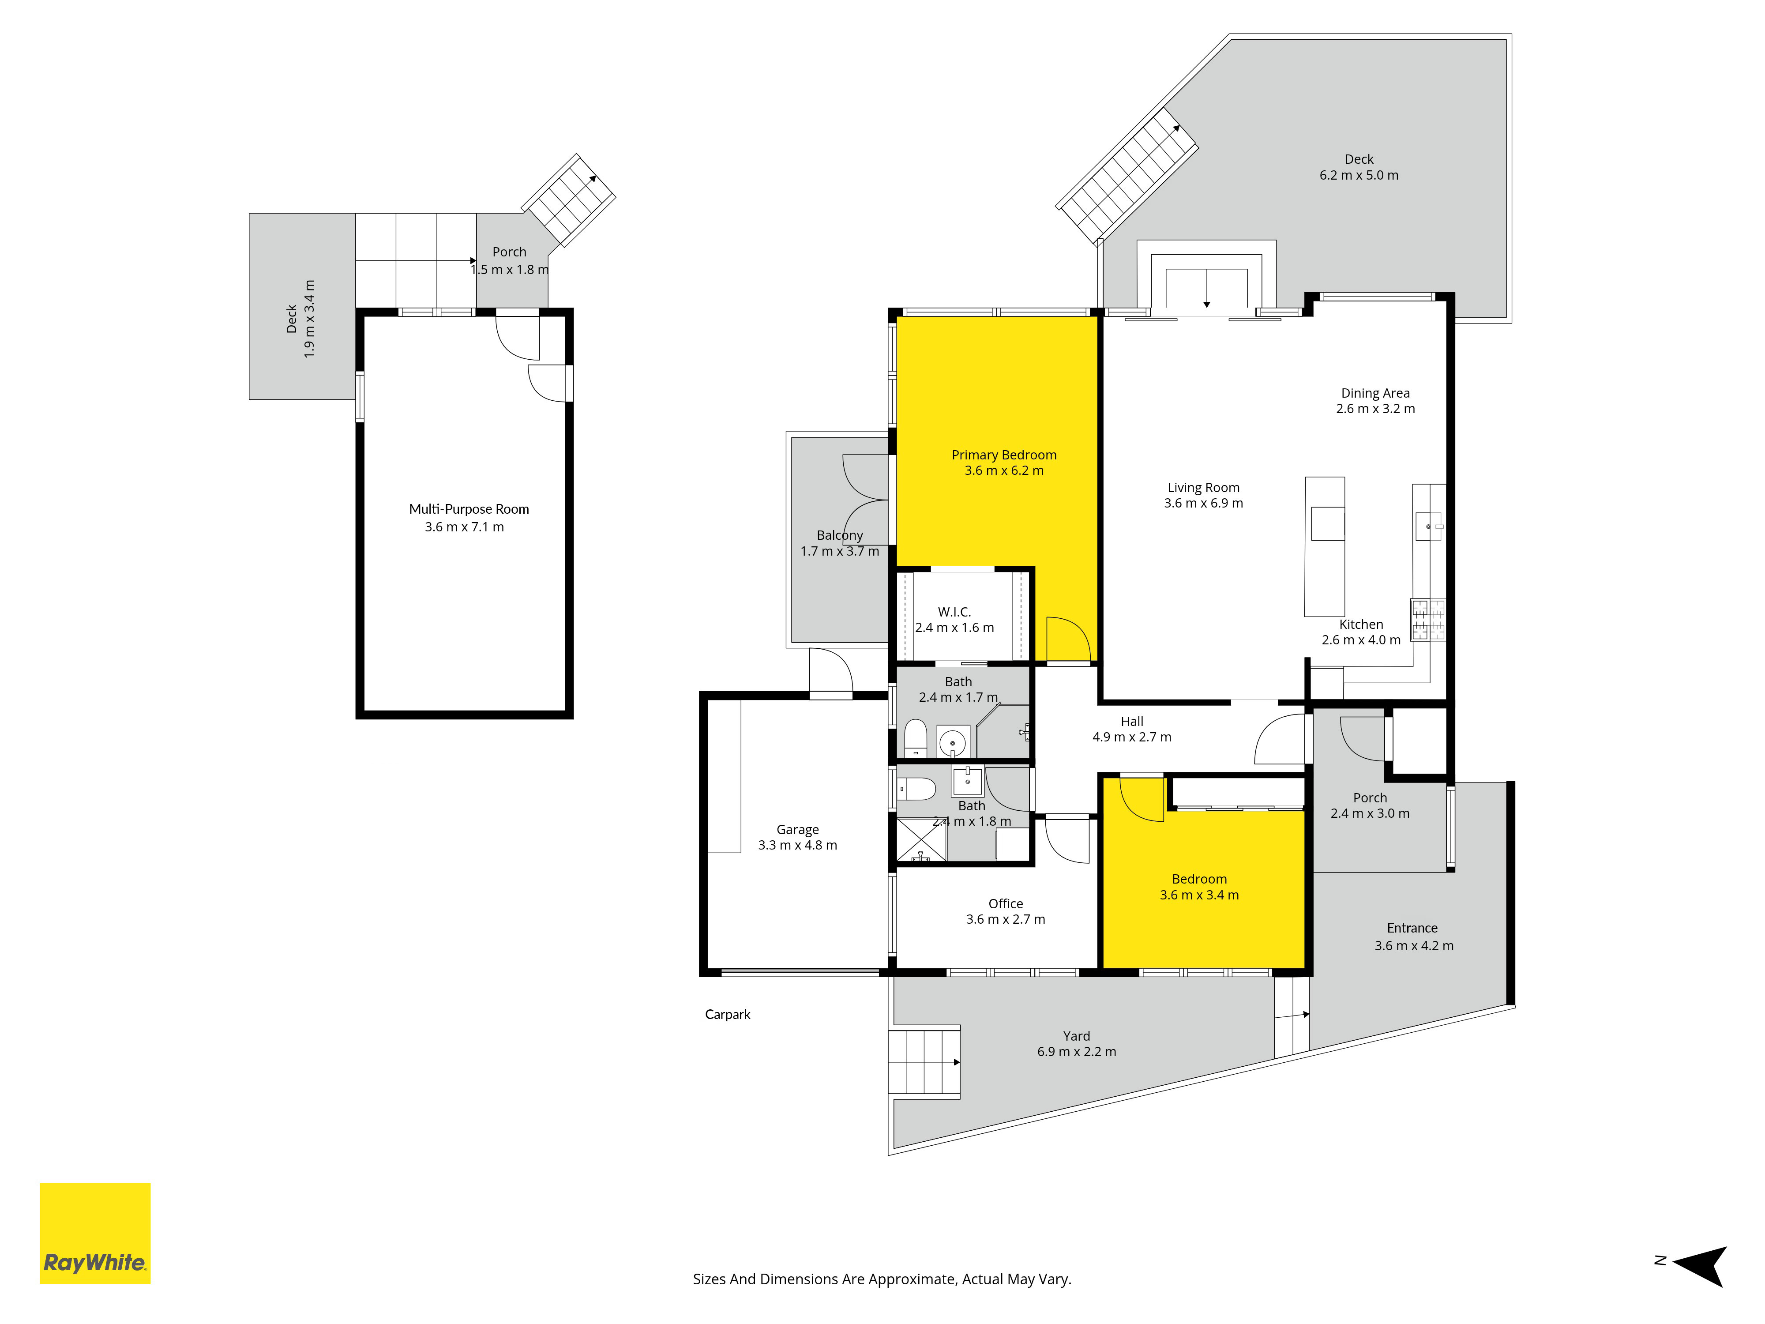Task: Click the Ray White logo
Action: coord(95,1233)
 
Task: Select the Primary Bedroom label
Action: coord(1004,455)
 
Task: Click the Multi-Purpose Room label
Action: coord(469,509)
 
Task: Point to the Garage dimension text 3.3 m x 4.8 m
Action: coord(798,845)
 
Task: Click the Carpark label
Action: coord(728,1014)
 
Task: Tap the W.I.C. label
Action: coord(954,612)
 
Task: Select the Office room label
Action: coord(1005,903)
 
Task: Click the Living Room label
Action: coord(1203,488)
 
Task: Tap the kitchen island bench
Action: coord(1325,547)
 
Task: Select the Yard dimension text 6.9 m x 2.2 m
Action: coord(1076,1052)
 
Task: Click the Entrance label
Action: coord(1412,928)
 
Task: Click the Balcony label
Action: coord(839,535)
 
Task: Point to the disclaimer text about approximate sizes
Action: coord(882,1279)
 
